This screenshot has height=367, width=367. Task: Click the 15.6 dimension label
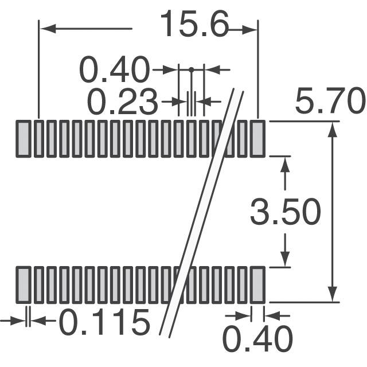(x=194, y=24)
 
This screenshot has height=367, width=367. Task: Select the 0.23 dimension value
(x=122, y=102)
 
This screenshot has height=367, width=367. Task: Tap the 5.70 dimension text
(x=330, y=100)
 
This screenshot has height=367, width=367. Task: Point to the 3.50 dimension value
(x=286, y=212)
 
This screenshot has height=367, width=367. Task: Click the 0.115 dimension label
(x=104, y=322)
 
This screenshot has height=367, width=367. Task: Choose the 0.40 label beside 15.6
(x=114, y=69)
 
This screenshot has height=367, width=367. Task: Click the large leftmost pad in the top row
(x=24, y=139)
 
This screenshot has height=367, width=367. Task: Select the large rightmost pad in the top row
(x=257, y=139)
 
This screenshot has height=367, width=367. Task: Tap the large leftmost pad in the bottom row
(x=24, y=285)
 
